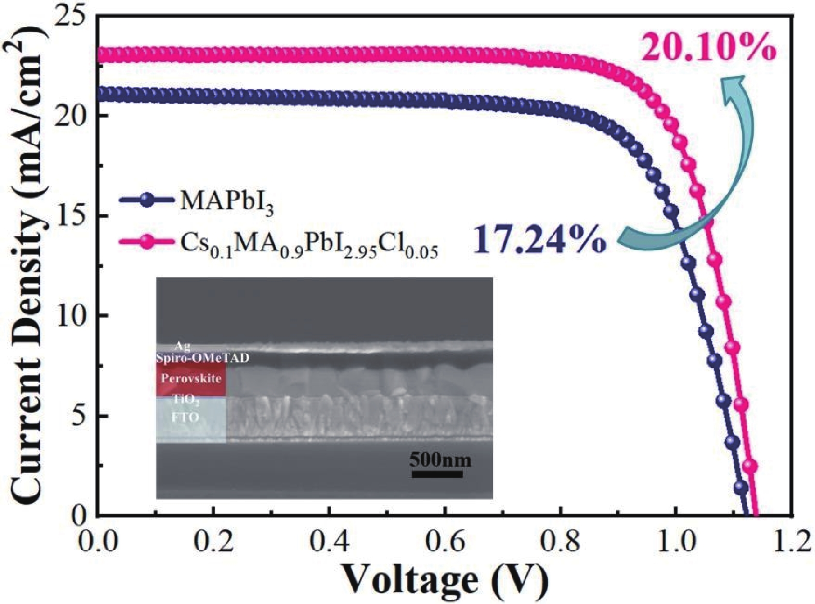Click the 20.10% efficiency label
coord(709,48)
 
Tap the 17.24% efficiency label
coord(539,239)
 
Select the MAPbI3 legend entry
coord(226,201)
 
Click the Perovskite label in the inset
coord(191,378)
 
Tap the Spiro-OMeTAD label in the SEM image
coord(202,358)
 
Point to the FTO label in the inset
coord(185,417)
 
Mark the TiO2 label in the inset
coord(185,401)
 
